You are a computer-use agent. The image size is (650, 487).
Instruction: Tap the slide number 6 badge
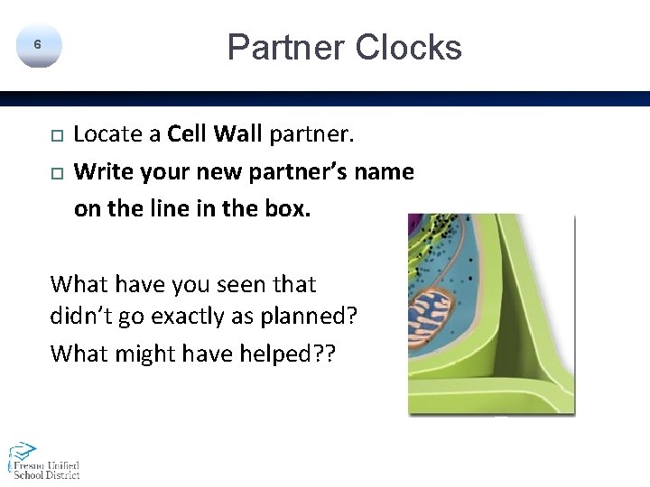(x=37, y=45)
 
